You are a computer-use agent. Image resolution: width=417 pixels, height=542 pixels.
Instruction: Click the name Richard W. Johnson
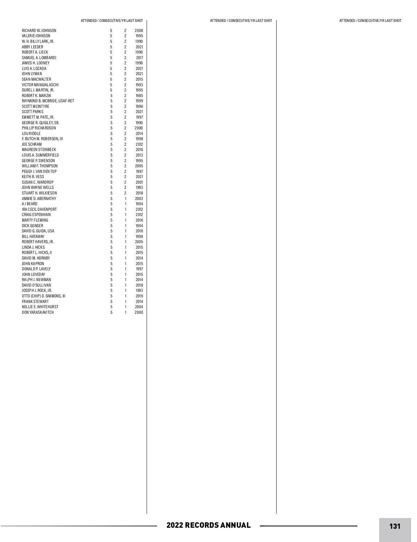(x=39, y=31)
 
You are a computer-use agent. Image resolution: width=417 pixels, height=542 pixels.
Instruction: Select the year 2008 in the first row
(x=139, y=31)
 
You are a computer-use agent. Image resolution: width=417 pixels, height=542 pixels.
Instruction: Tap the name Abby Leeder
(x=33, y=47)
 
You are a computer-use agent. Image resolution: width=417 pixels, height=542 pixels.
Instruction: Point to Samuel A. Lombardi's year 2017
(x=139, y=58)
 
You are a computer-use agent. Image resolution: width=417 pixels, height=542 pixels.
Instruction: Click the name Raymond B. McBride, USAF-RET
(x=48, y=101)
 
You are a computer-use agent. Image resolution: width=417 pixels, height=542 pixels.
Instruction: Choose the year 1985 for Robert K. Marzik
(x=139, y=96)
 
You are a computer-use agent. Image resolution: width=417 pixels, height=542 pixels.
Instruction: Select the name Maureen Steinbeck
(x=39, y=150)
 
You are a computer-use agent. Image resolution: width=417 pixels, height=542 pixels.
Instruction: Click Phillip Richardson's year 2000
(x=139, y=128)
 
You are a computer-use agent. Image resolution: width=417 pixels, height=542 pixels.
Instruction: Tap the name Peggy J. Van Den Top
(x=39, y=172)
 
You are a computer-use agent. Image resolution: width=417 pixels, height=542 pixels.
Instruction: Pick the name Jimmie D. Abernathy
(x=39, y=199)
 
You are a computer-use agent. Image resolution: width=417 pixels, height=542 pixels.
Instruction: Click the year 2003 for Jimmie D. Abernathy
(x=139, y=199)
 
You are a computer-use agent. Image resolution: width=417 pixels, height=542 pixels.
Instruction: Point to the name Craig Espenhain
(x=36, y=215)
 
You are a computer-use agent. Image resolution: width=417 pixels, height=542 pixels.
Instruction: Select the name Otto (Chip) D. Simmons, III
(x=43, y=296)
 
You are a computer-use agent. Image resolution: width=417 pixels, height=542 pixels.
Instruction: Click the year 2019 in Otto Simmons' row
(x=139, y=296)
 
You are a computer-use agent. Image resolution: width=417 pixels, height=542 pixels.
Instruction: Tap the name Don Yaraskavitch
(x=38, y=312)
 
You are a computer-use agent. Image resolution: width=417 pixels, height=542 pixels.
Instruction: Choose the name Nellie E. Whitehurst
(x=40, y=307)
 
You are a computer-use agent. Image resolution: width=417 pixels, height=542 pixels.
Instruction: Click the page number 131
(x=395, y=526)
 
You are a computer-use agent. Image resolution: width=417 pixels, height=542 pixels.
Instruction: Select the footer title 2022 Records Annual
(x=208, y=525)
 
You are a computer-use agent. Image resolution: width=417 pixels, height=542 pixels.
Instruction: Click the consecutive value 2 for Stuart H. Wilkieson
(x=125, y=193)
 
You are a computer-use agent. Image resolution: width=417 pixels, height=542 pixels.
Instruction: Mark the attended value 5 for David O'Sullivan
(x=112, y=285)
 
